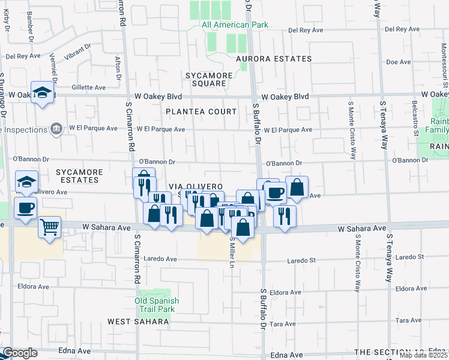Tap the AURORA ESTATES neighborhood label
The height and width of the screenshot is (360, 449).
(274, 59)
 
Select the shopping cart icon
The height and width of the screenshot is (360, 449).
(50, 227)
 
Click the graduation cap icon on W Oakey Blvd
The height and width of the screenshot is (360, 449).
(43, 92)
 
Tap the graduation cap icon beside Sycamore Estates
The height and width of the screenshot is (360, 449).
(27, 182)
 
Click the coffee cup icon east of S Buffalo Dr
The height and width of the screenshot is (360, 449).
(275, 193)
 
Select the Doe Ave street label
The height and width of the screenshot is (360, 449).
(399, 62)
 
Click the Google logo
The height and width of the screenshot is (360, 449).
(20, 353)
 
